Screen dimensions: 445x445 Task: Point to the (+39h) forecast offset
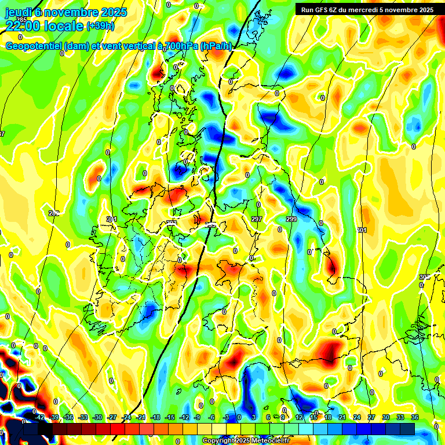(101, 26)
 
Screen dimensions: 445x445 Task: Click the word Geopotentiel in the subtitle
(34, 46)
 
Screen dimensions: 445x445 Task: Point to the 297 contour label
(257, 219)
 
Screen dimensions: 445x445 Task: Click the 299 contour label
(291, 219)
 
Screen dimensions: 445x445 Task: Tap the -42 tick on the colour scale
(39, 418)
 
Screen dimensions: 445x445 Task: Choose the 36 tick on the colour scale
(414, 418)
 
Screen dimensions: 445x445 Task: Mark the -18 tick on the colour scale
(155, 418)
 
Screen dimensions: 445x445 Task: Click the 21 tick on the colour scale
(342, 418)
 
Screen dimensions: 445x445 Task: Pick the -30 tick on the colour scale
(97, 418)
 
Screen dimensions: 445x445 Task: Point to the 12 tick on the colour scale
(299, 418)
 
